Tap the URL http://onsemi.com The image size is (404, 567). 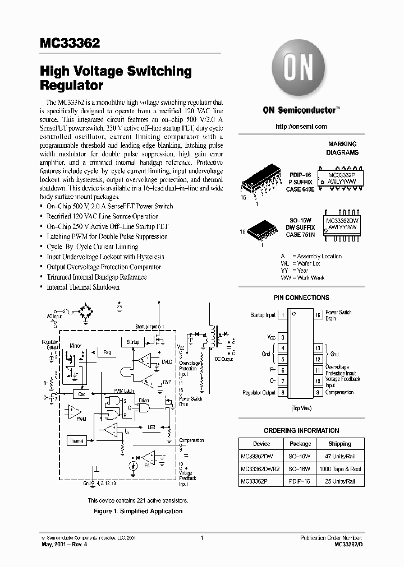(301, 127)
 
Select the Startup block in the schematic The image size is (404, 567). (132, 342)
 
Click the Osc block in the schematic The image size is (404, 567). (81, 394)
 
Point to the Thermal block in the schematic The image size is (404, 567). (77, 440)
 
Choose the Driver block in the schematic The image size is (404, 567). (144, 401)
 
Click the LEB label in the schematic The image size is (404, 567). (152, 427)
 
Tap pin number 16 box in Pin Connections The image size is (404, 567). (318, 315)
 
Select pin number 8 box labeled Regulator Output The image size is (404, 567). (283, 393)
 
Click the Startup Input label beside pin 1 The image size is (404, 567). (263, 315)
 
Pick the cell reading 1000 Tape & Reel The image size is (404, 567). (339, 469)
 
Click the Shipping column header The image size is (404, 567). (339, 444)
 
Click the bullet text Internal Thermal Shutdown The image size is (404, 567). (83, 287)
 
